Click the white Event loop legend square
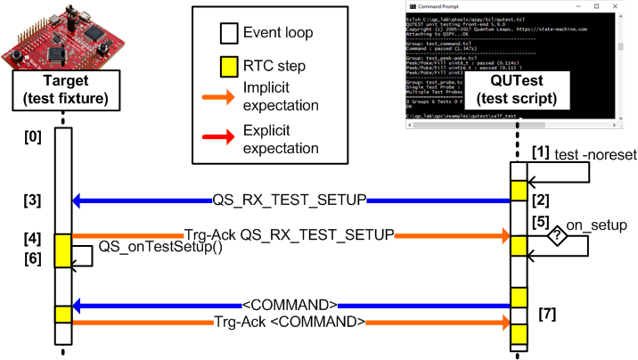(228, 36)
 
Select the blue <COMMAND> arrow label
(287, 303)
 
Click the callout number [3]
(31, 199)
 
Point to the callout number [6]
(31, 258)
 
